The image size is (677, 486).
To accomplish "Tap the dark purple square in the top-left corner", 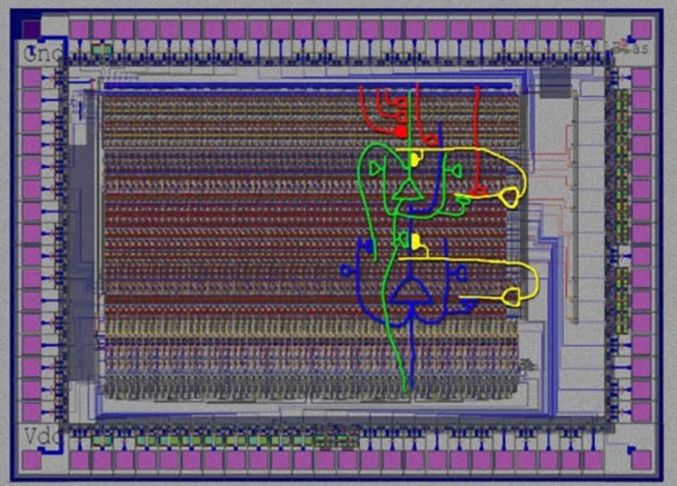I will pos(30,29).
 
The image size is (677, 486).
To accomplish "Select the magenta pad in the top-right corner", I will pos(642,30).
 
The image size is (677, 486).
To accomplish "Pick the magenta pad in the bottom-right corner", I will pos(642,459).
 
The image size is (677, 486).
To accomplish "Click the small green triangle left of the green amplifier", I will pos(376,168).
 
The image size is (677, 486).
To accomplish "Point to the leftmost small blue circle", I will pos(345,271).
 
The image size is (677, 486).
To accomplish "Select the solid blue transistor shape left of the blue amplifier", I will pos(364,247).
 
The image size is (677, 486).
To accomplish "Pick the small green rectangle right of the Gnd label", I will pos(101,50).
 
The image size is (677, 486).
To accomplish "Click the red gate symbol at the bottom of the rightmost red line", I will pos(478,190).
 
